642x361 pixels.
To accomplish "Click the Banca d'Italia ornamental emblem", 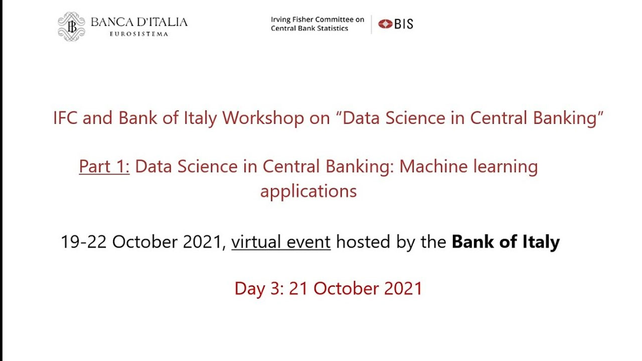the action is click(x=71, y=27).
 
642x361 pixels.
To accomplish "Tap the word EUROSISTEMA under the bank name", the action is click(x=139, y=34).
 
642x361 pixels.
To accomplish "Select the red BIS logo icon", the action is click(x=385, y=24).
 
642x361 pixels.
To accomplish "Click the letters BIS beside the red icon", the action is click(x=404, y=24).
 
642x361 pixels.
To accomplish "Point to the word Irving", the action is click(x=280, y=20).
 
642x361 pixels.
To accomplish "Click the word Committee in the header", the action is click(x=334, y=20).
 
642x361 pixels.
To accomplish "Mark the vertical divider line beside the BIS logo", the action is click(x=372, y=25).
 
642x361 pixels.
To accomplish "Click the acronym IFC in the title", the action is click(x=65, y=118).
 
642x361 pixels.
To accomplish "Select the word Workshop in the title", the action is click(x=263, y=118).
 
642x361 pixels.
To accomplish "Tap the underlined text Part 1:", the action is click(x=104, y=166).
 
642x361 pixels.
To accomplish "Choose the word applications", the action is click(x=308, y=192).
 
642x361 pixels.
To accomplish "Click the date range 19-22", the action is click(x=84, y=242).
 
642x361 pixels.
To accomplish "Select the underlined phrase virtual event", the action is click(x=281, y=242).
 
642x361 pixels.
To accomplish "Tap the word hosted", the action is click(x=363, y=242).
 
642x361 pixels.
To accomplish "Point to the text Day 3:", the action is click(x=259, y=289).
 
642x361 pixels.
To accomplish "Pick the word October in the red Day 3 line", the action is click(x=346, y=288).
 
